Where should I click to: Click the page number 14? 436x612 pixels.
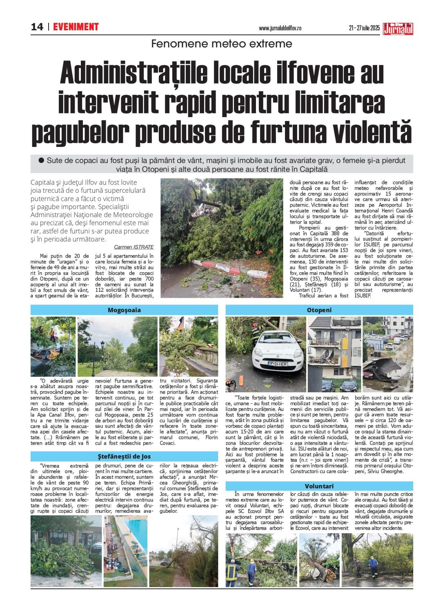(37, 27)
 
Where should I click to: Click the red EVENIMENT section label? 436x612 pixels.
(76, 27)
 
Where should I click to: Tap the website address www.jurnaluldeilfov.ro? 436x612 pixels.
(280, 28)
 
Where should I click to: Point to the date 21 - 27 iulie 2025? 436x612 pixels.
(364, 28)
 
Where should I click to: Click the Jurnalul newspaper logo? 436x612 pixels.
(398, 28)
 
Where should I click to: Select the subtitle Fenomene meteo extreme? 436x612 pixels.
(222, 44)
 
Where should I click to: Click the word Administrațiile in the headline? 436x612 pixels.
(131, 73)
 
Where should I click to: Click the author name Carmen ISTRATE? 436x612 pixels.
(133, 247)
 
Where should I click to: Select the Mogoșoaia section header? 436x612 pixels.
(124, 310)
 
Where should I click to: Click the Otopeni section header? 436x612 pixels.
(319, 310)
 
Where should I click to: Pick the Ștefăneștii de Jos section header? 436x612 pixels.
(124, 456)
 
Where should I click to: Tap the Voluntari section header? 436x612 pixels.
(319, 486)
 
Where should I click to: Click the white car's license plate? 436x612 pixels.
(278, 363)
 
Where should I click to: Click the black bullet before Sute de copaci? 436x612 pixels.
(41, 160)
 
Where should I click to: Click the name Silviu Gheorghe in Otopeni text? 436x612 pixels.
(383, 471)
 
